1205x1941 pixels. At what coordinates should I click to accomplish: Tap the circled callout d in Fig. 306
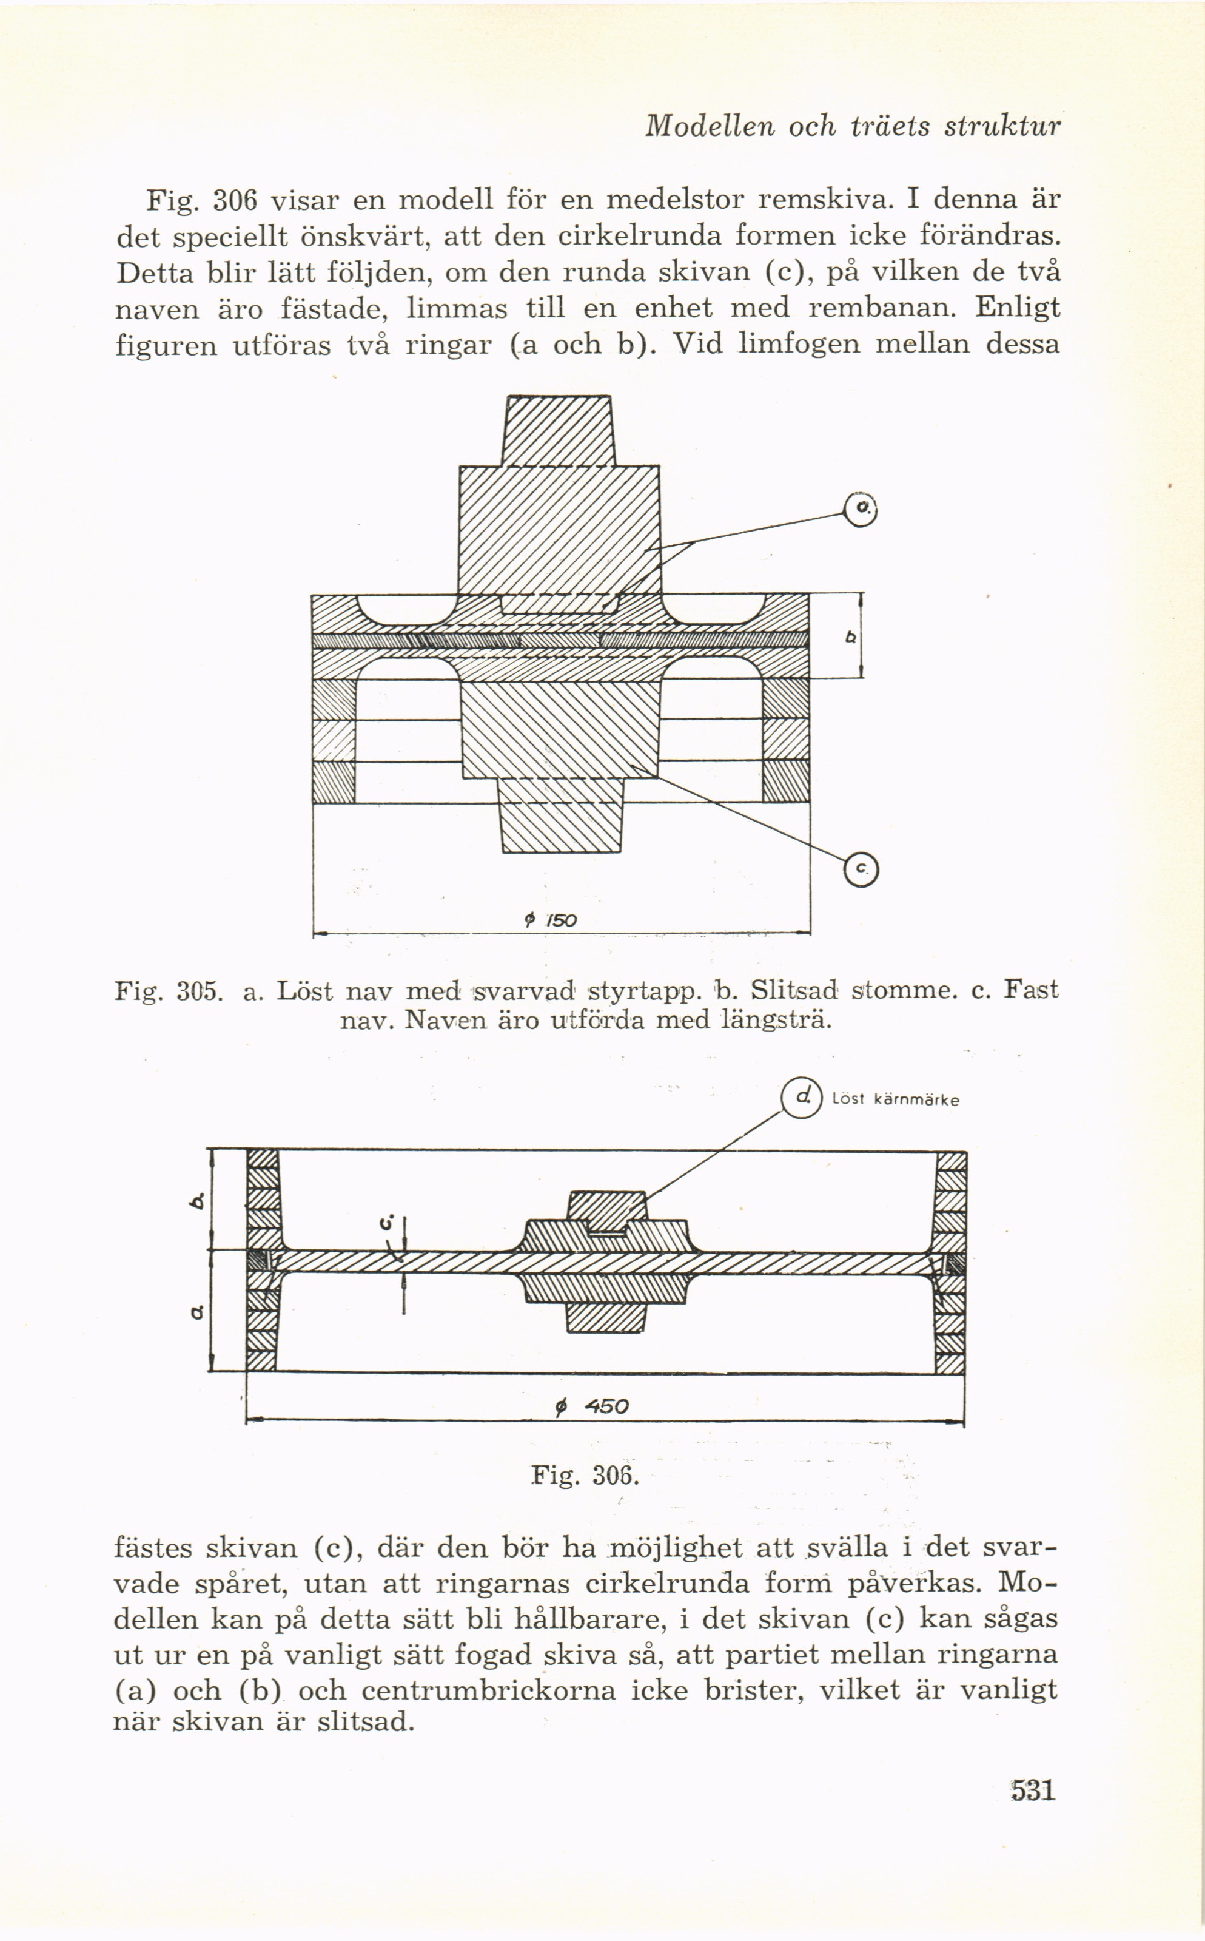pyautogui.click(x=801, y=1098)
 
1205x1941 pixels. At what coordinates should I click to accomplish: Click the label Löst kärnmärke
pyautogui.click(x=895, y=1100)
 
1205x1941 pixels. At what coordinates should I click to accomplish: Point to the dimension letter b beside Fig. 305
pyautogui.click(x=850, y=638)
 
